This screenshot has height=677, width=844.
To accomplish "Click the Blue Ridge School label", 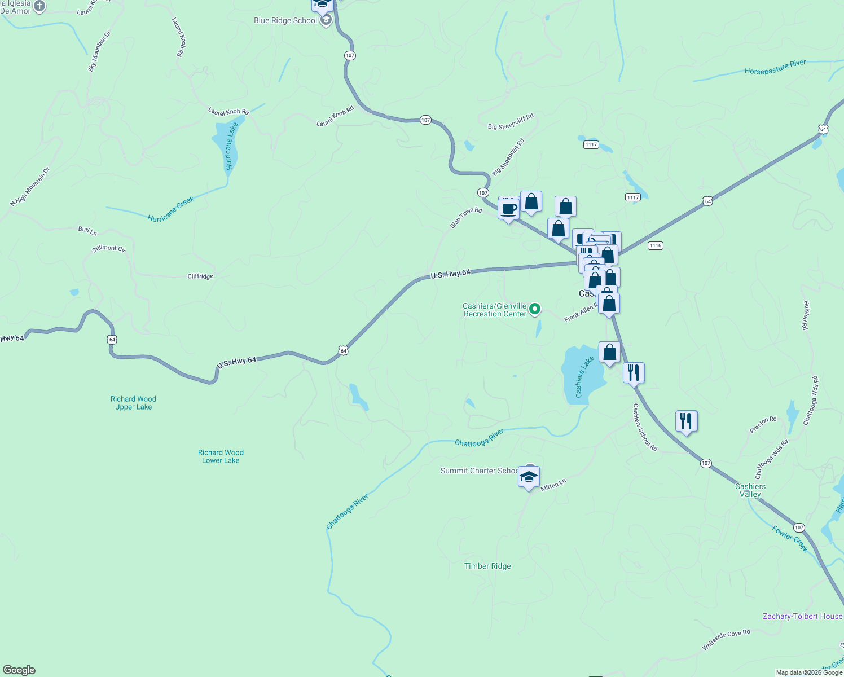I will (285, 21).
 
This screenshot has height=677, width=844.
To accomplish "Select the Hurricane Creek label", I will (170, 209).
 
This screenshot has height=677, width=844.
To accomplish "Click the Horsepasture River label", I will (775, 68).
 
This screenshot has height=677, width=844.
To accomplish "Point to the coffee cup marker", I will (508, 209).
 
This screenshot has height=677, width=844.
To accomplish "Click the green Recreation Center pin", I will (535, 309).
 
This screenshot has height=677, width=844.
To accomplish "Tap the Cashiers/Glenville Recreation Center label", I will (494, 310).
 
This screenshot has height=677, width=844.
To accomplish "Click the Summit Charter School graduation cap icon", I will (529, 477).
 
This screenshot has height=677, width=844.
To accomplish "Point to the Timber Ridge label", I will (487, 566).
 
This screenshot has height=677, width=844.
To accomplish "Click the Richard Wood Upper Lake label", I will (133, 403).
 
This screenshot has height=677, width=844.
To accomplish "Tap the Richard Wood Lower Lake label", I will (221, 456).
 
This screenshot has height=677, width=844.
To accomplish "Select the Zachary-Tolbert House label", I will (802, 616).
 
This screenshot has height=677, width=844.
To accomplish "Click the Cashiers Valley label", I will (750, 490).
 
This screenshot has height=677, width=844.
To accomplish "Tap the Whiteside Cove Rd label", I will (726, 640).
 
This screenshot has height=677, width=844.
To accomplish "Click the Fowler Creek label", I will (790, 539).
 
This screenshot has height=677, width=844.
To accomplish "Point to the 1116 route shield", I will (655, 245).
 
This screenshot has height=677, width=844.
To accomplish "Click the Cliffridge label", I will (200, 276).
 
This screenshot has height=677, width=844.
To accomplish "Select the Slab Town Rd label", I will (466, 218).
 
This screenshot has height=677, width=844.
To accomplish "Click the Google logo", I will (19, 670).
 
